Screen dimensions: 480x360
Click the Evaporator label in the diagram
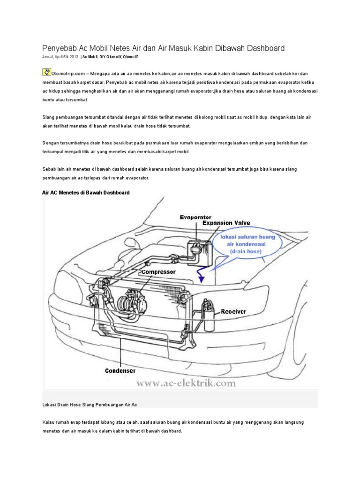(x=195, y=217)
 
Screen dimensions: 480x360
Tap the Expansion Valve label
(x=226, y=224)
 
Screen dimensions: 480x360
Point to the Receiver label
(x=233, y=311)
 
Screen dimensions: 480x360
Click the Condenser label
(x=120, y=370)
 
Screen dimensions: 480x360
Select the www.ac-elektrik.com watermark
(x=186, y=383)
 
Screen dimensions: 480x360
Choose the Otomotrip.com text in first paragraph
(x=68, y=74)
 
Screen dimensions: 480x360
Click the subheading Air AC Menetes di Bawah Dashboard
(x=86, y=193)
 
